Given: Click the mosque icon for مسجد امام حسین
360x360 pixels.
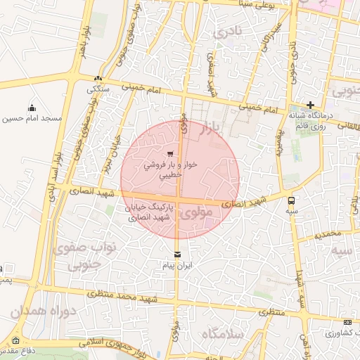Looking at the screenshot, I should pyautogui.click(x=32, y=108).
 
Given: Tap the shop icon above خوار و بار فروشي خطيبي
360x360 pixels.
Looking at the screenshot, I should pyautogui.click(x=171, y=153).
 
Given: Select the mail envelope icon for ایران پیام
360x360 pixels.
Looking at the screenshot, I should pyautogui.click(x=176, y=254).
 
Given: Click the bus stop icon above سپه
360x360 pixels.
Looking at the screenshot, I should pyautogui.click(x=291, y=200).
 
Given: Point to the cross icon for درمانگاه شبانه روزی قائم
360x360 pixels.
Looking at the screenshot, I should pyautogui.click(x=310, y=105).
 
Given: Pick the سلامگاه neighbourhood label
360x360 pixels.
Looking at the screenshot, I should pyautogui.click(x=221, y=335).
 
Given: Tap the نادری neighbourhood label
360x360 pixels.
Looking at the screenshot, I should pyautogui.click(x=230, y=32).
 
